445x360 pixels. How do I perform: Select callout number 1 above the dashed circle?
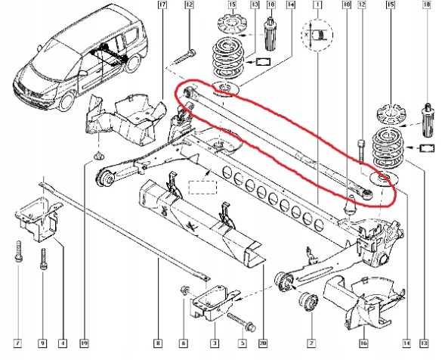pos(318,6)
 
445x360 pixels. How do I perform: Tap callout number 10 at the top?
pos(347,6)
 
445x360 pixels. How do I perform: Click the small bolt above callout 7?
pos(16,250)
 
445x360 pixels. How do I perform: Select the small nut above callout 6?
pos(184,290)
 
